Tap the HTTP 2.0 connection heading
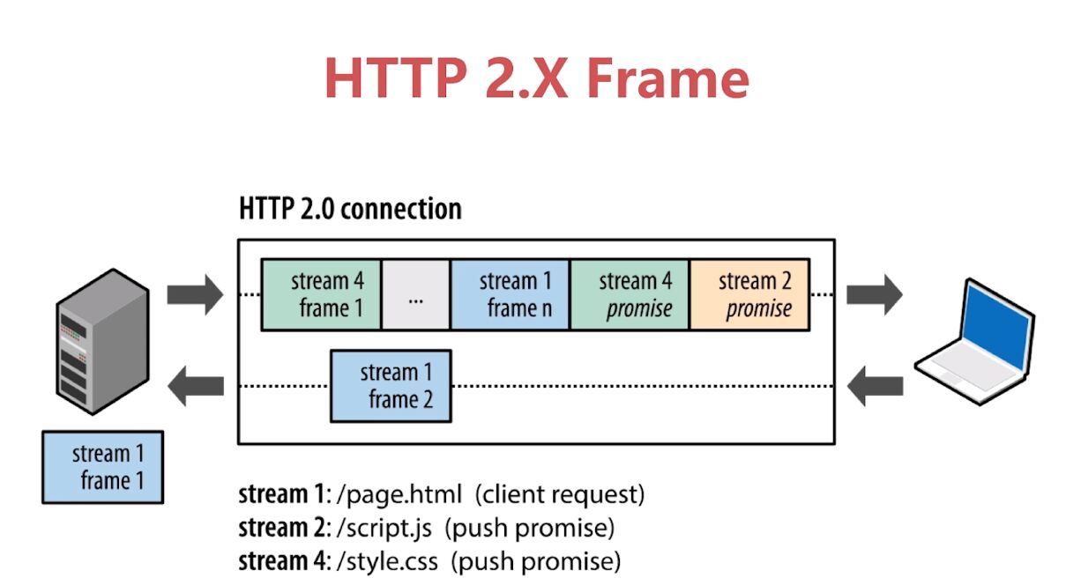point(350,210)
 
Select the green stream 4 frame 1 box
point(322,295)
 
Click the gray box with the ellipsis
point(416,295)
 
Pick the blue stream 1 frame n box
point(511,295)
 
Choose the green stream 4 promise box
point(630,295)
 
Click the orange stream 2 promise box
point(749,295)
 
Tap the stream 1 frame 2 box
point(391,386)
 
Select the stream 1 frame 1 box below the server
point(102,467)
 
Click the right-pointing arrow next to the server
point(195,294)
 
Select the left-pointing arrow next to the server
point(195,386)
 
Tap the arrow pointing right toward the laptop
point(875,294)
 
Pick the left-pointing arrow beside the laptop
point(875,386)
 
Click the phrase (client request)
point(560,494)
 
